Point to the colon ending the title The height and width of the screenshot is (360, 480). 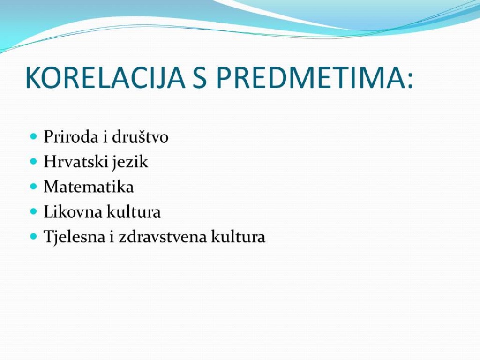410,81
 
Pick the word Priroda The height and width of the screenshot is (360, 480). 71,136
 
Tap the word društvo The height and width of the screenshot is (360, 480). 140,136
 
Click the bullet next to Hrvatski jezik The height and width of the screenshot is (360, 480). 34,161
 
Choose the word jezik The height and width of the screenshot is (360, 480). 129,162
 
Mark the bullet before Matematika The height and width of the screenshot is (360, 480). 34,186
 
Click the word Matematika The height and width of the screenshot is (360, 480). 89,187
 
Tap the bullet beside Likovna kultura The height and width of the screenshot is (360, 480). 34,211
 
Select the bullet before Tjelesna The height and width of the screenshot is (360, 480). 34,236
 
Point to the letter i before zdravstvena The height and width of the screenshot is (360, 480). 112,237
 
